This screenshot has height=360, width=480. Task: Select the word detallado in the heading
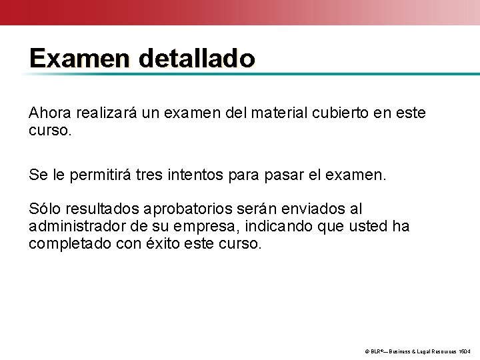click(x=197, y=59)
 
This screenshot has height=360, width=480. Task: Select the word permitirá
click(x=99, y=176)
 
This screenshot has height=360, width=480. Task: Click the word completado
click(x=68, y=243)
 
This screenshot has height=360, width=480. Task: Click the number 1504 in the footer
click(x=465, y=351)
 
